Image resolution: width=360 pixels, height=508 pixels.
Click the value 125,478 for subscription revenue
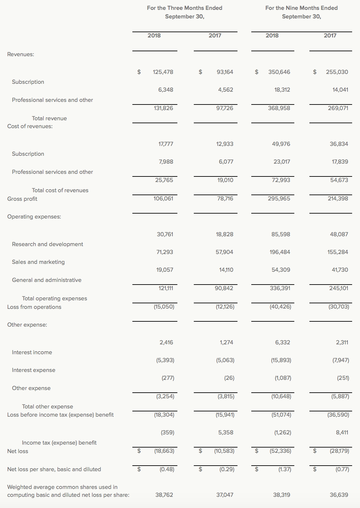(163, 72)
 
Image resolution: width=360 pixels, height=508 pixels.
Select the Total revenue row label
(49, 118)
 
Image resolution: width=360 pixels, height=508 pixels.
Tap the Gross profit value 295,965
(279, 198)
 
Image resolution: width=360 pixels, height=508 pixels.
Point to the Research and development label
(47, 244)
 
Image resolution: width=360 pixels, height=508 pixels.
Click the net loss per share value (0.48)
(167, 469)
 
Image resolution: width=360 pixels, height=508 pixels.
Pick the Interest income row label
(32, 352)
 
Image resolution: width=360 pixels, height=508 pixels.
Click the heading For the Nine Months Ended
(301, 8)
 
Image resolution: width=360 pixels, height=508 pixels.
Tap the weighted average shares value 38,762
(164, 495)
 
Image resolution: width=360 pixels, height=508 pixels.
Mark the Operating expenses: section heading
(34, 217)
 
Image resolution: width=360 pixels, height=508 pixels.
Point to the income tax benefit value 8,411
(342, 432)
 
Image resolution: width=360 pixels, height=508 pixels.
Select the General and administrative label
(47, 280)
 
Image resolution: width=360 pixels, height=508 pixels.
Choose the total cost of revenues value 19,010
(225, 180)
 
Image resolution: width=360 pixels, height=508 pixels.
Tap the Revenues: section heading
(21, 54)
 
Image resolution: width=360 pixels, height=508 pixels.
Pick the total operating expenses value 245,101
(339, 288)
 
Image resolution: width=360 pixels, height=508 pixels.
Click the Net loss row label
(18, 451)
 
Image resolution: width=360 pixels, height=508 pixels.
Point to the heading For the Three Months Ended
(185, 8)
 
